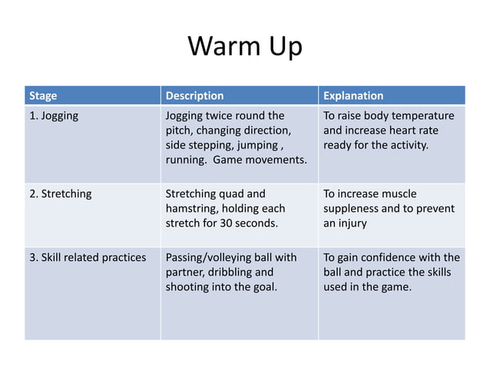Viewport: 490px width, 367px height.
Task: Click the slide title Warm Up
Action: click(245, 47)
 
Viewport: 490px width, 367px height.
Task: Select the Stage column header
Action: click(43, 96)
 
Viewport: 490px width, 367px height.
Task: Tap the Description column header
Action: click(195, 96)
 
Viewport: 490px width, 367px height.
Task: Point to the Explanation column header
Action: click(353, 96)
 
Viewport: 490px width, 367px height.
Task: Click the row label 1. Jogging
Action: click(54, 116)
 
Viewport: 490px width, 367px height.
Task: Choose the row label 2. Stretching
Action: click(60, 193)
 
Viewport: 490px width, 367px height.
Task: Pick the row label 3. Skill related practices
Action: click(88, 257)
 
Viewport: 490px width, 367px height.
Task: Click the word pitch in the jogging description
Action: click(180, 131)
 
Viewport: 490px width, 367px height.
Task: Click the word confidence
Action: click(389, 257)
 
